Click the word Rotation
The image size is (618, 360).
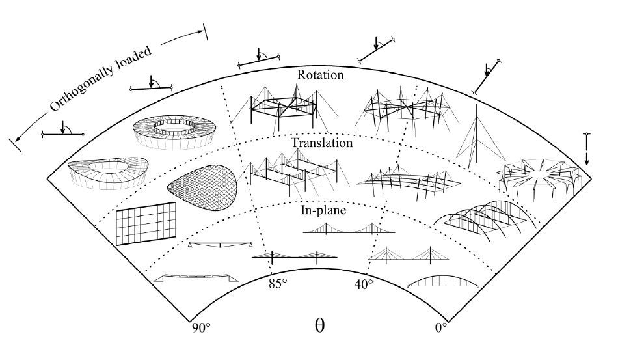pos(320,75)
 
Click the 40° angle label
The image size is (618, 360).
pos(363,284)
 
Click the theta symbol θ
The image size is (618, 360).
pos(319,325)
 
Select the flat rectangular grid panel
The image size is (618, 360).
pos(146,223)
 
